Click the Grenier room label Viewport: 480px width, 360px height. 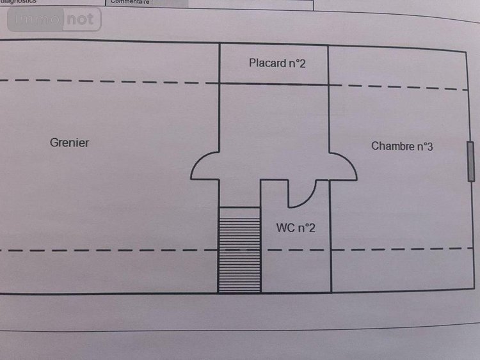coord(69,143)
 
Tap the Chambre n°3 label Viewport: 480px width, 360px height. coord(402,146)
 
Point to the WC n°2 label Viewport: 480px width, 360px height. coord(296,228)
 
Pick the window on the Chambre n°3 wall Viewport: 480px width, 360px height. coord(470,161)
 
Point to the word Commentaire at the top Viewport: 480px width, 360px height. coord(132,2)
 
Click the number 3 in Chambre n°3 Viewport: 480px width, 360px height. coord(429,146)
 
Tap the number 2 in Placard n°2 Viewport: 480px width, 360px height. coord(304,63)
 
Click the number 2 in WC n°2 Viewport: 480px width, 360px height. coord(312,228)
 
